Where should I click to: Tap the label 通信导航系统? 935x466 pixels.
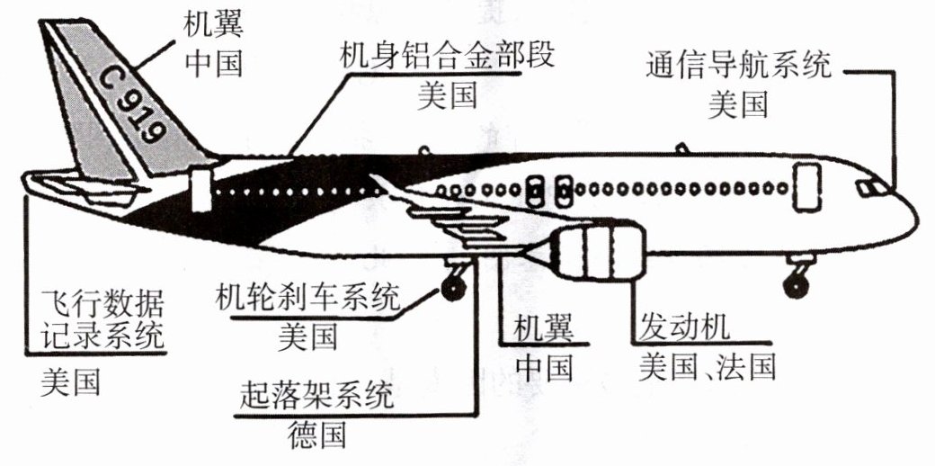pos(739,65)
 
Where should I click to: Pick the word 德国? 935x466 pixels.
pos(317,435)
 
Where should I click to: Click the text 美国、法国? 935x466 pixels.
pos(707,366)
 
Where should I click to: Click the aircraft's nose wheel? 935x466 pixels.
pos(795,286)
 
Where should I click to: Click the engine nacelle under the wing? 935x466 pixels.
pos(598,252)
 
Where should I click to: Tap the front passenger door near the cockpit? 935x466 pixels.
pos(806,188)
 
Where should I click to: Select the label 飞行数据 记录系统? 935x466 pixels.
pos(104,318)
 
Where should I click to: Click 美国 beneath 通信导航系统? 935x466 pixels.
pos(738,104)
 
